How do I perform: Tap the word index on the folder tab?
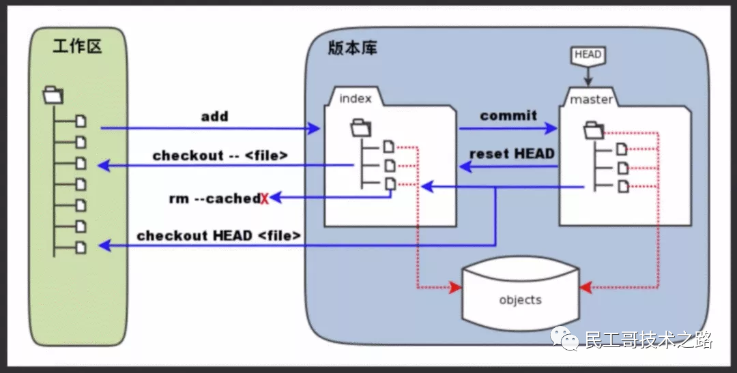[356, 98]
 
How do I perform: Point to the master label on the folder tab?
[591, 100]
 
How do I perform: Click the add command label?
[214, 116]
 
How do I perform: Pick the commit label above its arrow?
[508, 115]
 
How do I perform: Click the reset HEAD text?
[512, 153]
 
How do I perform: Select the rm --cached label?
[214, 198]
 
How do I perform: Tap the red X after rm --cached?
[264, 198]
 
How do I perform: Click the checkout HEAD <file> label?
[218, 236]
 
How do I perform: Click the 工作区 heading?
[77, 47]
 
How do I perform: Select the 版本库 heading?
[351, 48]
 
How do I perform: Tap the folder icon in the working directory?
[53, 95]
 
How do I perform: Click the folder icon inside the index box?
[360, 127]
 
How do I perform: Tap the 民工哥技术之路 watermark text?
[648, 340]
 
